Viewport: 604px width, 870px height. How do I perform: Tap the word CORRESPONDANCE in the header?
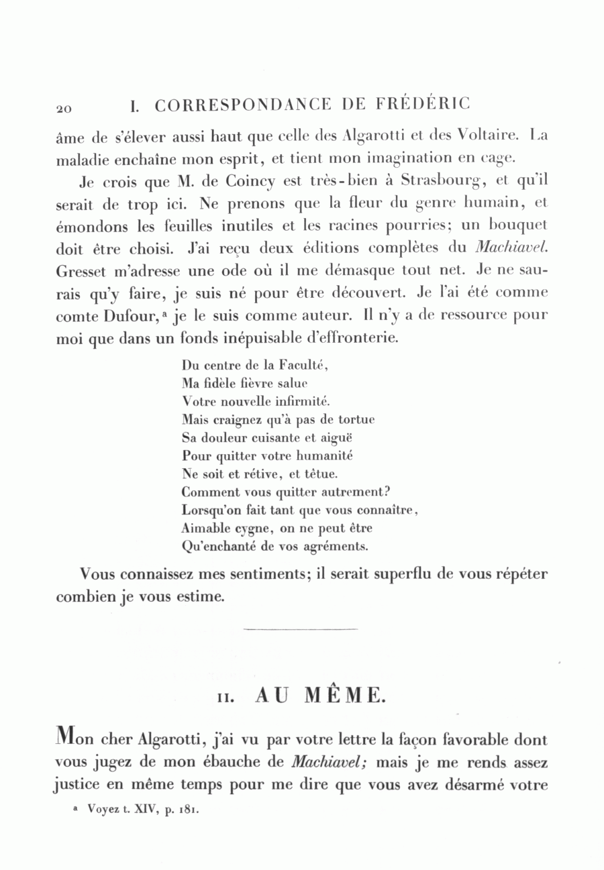(242, 105)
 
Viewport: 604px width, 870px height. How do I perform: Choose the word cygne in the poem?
(241, 528)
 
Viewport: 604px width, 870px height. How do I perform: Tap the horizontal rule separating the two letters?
(301, 629)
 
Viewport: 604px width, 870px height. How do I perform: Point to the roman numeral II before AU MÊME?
(225, 697)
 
